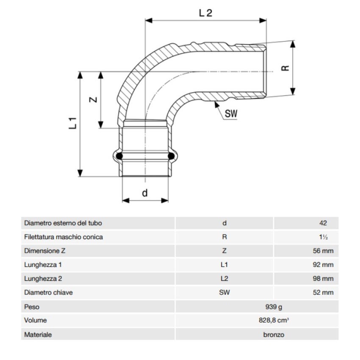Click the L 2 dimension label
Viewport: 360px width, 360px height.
[x=205, y=13]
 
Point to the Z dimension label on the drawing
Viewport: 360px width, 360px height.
[x=94, y=100]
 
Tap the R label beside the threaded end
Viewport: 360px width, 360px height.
[x=285, y=68]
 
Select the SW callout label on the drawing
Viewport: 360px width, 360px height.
[x=231, y=114]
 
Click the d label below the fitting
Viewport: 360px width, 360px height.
[x=145, y=193]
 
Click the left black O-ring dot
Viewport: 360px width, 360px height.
[x=120, y=157]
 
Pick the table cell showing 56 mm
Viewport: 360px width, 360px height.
[x=323, y=251]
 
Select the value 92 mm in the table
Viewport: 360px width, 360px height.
[x=323, y=265]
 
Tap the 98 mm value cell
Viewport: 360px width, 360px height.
[x=323, y=279]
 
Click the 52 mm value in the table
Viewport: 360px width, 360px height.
[x=323, y=293]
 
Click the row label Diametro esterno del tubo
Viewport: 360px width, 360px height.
[x=63, y=223]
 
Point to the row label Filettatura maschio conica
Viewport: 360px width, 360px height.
[x=64, y=237]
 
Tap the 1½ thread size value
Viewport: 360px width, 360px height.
[x=323, y=237]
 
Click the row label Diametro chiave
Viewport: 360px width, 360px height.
[x=48, y=293]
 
